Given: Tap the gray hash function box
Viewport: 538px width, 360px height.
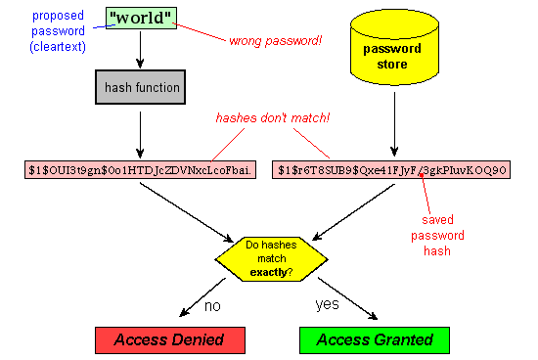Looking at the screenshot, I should [140, 87].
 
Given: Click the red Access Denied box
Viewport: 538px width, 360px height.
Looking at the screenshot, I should [169, 340].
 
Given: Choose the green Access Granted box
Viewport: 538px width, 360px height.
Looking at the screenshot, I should [375, 340].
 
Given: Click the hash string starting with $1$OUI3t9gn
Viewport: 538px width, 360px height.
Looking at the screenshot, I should [140, 169].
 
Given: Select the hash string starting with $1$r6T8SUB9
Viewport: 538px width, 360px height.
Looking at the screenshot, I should [391, 169].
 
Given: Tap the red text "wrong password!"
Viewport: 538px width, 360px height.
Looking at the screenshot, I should [275, 41].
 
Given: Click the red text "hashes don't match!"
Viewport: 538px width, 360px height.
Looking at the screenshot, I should [273, 118].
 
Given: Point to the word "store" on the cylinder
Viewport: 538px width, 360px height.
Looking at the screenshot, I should [392, 65].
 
